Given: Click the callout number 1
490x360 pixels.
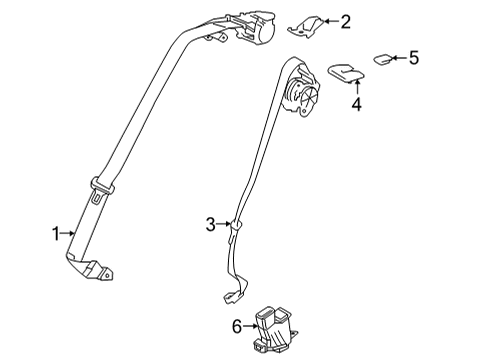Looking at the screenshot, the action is [x=57, y=234].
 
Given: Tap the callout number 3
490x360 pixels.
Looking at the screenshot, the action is [x=211, y=226].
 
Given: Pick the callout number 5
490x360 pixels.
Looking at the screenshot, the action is [x=412, y=58].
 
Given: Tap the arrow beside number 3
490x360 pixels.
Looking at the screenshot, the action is [x=225, y=226].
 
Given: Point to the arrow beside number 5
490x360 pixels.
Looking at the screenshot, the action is [x=396, y=58].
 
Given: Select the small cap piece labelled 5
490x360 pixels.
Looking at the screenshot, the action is [x=384, y=58].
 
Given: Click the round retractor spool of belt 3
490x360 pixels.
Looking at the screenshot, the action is [x=303, y=96].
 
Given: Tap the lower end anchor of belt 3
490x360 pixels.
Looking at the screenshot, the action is [x=232, y=297].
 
